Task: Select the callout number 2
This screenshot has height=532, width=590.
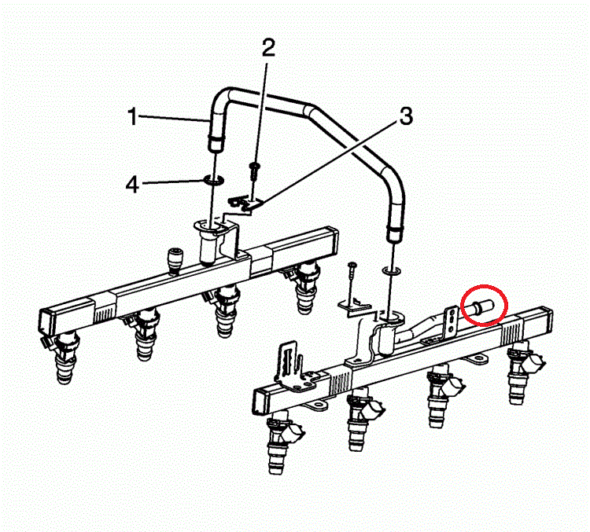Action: (268, 49)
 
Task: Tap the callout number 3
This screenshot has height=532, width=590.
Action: (405, 117)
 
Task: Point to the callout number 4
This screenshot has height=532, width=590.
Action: (134, 185)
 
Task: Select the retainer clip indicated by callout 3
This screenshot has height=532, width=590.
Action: (243, 204)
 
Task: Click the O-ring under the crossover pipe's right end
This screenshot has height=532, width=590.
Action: (390, 272)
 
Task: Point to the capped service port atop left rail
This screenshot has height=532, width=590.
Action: (173, 258)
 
